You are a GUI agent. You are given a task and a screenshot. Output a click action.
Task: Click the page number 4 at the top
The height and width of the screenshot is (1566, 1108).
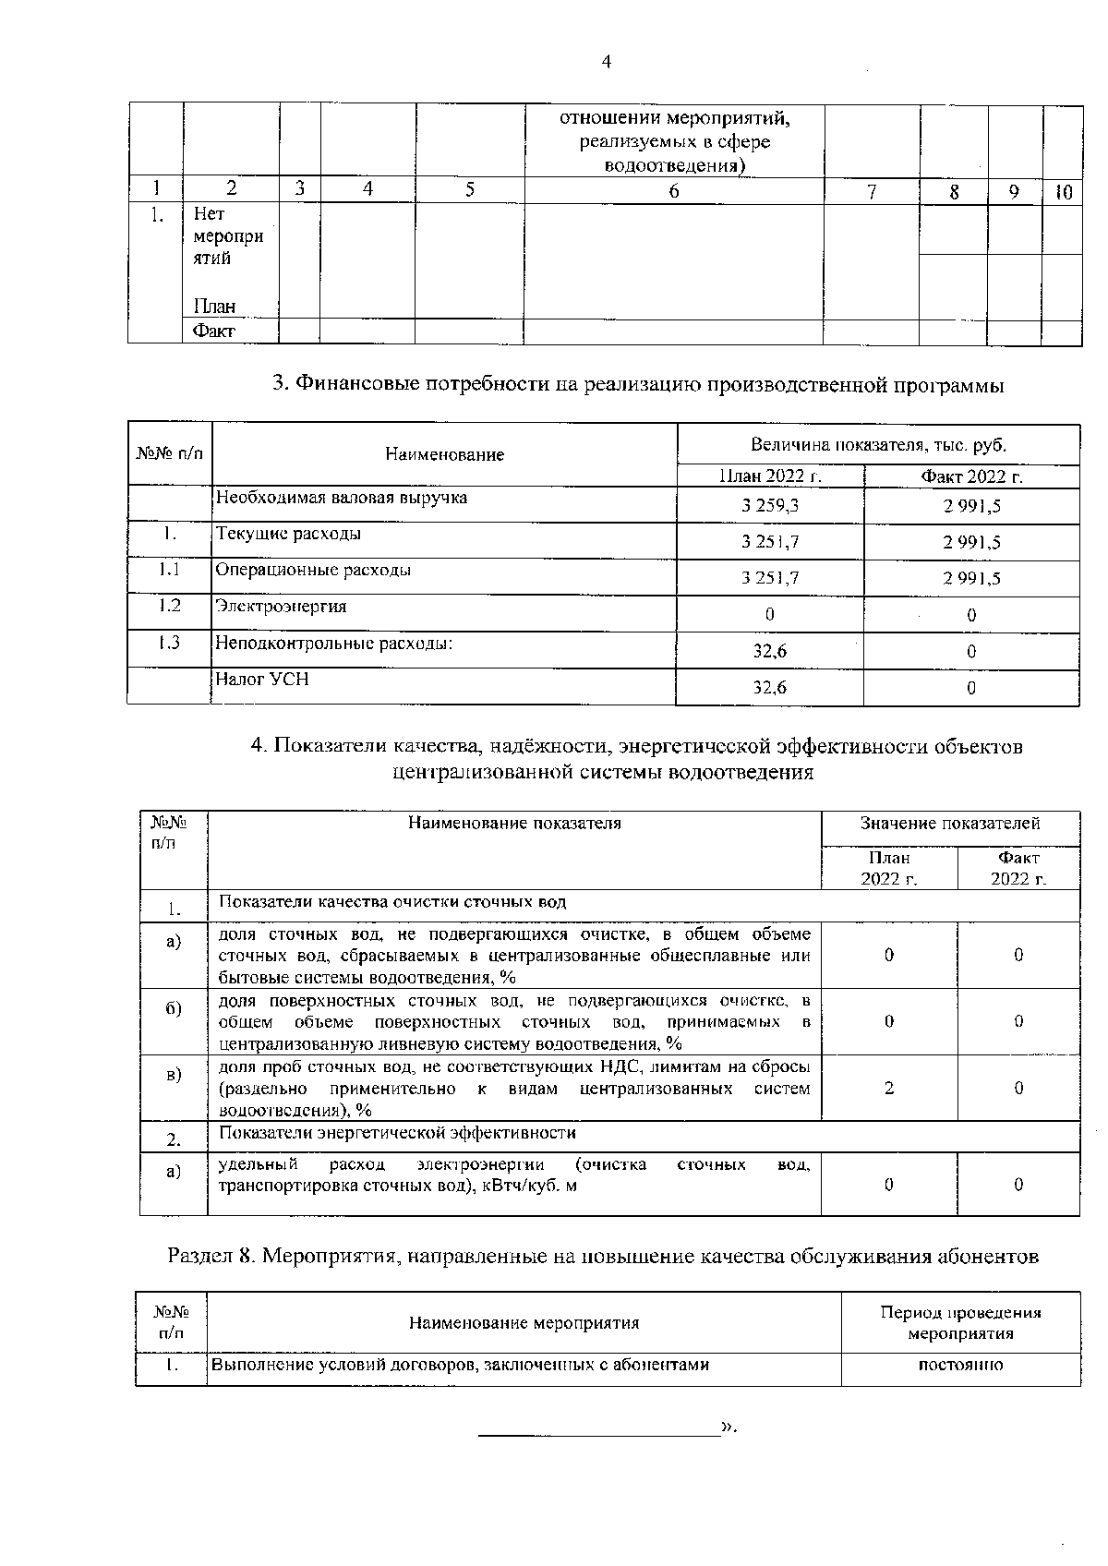click(x=606, y=62)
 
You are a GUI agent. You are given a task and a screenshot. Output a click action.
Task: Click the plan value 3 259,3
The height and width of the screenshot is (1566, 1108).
click(x=770, y=506)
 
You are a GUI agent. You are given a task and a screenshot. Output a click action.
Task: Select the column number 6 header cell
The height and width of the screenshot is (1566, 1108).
click(x=673, y=190)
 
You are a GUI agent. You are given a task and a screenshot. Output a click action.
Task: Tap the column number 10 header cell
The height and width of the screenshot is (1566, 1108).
click(x=1064, y=192)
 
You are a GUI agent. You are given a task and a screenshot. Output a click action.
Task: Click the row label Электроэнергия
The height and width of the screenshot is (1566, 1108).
click(x=281, y=607)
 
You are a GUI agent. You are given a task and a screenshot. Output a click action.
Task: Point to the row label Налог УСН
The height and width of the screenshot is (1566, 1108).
click(x=261, y=680)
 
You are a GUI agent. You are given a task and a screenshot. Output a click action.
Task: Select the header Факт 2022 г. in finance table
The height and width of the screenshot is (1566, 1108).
click(x=971, y=476)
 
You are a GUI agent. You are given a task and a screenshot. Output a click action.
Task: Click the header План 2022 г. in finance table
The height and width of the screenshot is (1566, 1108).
click(x=770, y=476)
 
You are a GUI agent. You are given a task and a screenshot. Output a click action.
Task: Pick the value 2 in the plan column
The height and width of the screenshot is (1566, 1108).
click(x=888, y=1088)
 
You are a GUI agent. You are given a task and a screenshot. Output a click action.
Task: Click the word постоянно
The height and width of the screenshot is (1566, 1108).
click(x=960, y=1365)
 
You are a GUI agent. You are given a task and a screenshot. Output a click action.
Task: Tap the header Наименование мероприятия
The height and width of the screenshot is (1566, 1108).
click(x=524, y=1323)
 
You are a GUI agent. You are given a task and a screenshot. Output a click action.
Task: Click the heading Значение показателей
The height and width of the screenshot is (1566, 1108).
click(x=950, y=823)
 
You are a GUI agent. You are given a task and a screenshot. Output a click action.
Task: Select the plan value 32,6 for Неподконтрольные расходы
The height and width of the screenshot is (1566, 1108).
click(x=770, y=651)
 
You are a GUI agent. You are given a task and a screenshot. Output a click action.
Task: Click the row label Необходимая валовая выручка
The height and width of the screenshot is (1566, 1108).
click(x=341, y=498)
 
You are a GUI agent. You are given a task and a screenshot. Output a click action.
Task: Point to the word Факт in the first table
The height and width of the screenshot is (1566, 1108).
click(x=213, y=331)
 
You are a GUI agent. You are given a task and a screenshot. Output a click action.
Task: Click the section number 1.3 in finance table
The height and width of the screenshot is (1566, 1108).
click(x=169, y=643)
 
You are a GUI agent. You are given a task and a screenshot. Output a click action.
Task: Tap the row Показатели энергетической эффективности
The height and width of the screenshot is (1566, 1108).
click(x=397, y=1133)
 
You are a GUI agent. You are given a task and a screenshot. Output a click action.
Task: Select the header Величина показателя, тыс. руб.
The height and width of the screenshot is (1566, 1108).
click(x=878, y=445)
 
